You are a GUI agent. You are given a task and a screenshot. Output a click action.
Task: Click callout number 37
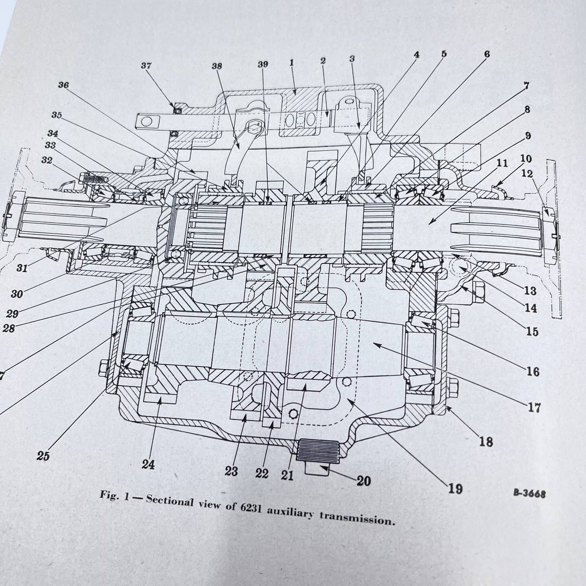point(146,66)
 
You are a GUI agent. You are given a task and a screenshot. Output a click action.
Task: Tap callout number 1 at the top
point(291,63)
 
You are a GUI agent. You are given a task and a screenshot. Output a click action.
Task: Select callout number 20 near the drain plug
point(363,481)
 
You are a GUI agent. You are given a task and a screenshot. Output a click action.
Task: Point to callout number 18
point(486,441)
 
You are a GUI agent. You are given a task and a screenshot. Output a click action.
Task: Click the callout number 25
point(43,456)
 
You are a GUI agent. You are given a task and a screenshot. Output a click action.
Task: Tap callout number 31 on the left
point(22,268)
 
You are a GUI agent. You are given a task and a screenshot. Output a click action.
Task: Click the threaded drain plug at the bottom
point(317,451)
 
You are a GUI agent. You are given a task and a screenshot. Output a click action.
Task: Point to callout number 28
point(8,328)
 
